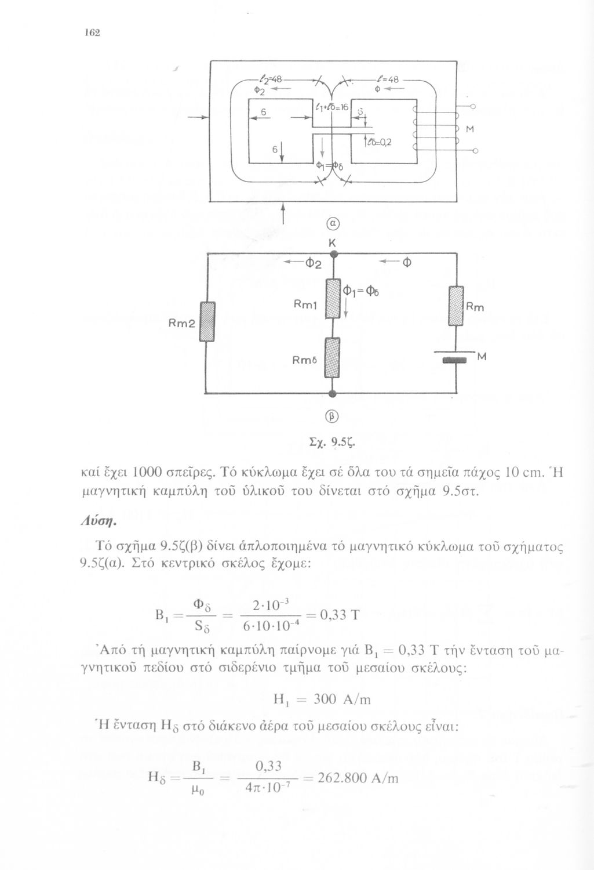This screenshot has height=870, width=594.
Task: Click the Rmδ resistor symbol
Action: pos(333,358)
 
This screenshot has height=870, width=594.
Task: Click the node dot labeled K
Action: pos(333,253)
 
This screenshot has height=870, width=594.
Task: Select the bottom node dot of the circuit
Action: pos(333,394)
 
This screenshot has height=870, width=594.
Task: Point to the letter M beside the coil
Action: pos(470,130)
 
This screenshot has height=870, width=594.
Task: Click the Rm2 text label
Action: pos(181,325)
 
